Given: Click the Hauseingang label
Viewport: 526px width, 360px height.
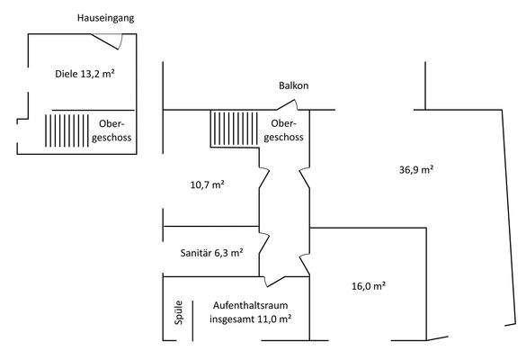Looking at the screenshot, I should pyautogui.click(x=107, y=18).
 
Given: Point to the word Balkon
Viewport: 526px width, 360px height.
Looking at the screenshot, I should pyautogui.click(x=293, y=86).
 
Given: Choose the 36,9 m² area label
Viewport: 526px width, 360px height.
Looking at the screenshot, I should pyautogui.click(x=415, y=170).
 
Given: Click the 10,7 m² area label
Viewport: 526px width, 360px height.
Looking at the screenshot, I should pyautogui.click(x=207, y=184).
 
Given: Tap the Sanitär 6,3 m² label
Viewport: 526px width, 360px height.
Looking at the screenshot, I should pyautogui.click(x=211, y=253).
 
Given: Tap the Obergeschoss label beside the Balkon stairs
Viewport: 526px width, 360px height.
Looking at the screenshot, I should pyautogui.click(x=285, y=130).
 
